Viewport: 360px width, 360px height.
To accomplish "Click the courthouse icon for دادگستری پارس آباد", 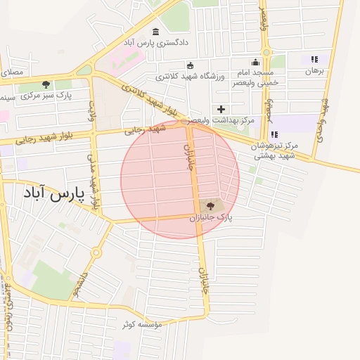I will click(155, 32).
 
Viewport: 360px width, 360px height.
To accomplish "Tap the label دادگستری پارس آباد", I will click(156, 43).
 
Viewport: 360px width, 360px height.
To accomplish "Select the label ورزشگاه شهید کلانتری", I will click(189, 76).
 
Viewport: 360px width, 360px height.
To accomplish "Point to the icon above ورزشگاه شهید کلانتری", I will click(189, 65).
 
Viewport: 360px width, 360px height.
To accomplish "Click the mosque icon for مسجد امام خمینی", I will click(255, 63).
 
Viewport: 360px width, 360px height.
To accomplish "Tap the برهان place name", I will click(313, 71).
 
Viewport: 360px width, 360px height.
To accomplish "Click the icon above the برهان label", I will click(314, 60).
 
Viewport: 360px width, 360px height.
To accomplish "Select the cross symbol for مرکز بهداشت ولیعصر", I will click(221, 109).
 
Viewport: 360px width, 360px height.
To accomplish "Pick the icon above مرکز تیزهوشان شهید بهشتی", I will click(274, 134).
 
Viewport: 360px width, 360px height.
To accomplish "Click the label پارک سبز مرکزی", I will click(46, 95).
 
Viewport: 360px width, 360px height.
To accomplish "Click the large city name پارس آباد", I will click(53, 193).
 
